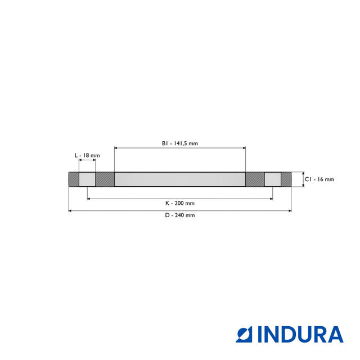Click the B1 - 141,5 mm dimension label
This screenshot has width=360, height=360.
[180, 143]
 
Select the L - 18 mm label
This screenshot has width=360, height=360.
[87, 155]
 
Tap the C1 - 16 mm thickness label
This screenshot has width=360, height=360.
[319, 179]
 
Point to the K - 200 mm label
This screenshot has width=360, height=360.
[180, 203]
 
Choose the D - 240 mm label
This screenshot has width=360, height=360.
[180, 215]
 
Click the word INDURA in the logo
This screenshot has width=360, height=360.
[300, 334]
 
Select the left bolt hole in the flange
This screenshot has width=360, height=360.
[87, 179]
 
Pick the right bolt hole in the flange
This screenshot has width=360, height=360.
[273, 179]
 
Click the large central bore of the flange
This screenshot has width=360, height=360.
[180, 179]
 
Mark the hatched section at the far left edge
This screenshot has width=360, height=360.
[74, 179]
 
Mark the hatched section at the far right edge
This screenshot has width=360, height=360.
[286, 179]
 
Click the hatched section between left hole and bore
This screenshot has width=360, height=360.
[105, 179]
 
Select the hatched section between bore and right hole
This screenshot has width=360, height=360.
[255, 179]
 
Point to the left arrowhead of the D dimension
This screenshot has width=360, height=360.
[70, 211]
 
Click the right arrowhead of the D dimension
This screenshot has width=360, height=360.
[290, 211]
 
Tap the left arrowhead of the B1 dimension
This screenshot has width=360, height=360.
[116, 148]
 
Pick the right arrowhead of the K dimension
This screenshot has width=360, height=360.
[271, 199]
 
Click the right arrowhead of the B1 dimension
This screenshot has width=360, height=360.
[244, 148]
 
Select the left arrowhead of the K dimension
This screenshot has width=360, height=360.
[89, 199]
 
